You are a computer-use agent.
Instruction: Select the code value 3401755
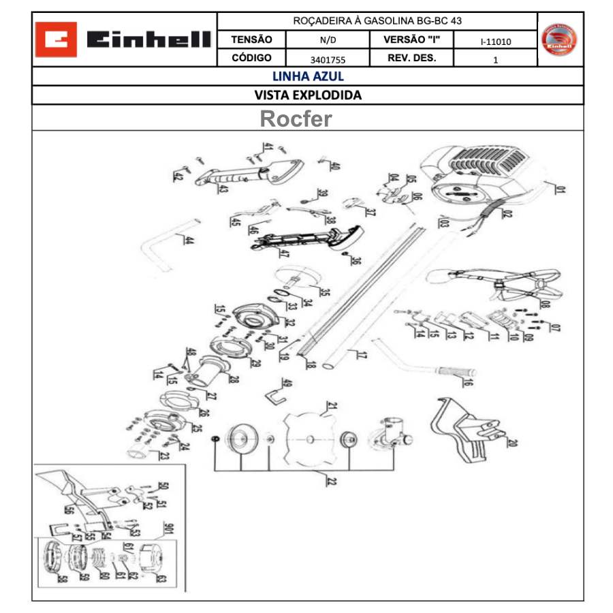[x=327, y=59]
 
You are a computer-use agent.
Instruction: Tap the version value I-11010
[x=495, y=42]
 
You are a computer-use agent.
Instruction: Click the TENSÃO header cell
[x=251, y=40]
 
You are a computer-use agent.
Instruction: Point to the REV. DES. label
[x=411, y=59]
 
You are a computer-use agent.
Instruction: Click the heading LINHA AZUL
[x=308, y=76]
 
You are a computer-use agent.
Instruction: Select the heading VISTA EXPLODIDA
[x=308, y=95]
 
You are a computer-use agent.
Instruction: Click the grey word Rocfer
[x=296, y=119]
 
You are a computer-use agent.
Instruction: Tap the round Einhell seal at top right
[x=559, y=40]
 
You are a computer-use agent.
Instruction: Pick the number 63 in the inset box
[x=161, y=579]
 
